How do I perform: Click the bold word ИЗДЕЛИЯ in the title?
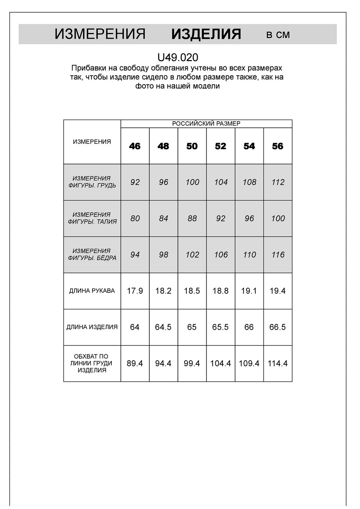click(206, 34)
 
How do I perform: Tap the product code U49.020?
click(178, 57)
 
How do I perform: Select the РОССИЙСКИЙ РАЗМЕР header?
click(206, 124)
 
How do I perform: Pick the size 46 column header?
click(135, 146)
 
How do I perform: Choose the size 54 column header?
click(249, 146)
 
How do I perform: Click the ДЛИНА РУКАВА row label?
click(92, 291)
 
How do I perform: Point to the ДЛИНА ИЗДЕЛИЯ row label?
click(92, 327)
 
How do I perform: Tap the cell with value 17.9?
click(135, 291)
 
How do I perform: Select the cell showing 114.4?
click(278, 363)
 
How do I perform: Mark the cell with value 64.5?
click(163, 327)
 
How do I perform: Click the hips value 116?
click(278, 255)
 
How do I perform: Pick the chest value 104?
click(221, 182)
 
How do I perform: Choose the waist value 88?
click(192, 219)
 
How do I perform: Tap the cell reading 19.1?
click(249, 291)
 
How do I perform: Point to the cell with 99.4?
click(192, 363)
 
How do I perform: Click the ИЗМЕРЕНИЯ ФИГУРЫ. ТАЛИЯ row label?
click(92, 218)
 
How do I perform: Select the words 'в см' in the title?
click(278, 35)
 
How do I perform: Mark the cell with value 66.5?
click(278, 327)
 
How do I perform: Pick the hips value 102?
click(192, 255)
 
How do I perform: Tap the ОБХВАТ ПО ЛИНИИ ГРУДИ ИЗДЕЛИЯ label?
click(92, 363)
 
